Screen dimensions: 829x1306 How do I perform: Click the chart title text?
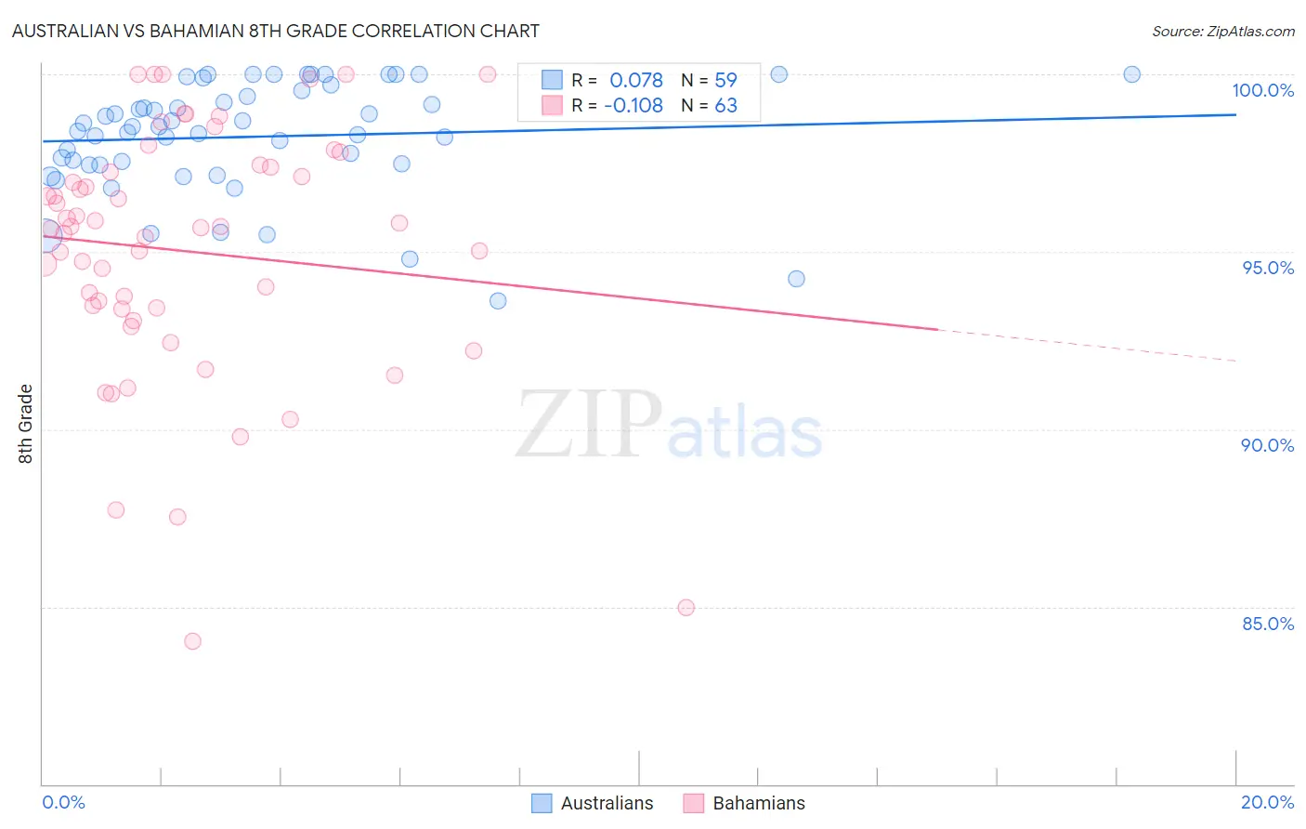tap(275, 31)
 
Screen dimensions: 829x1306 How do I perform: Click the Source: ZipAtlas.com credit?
tap(1222, 31)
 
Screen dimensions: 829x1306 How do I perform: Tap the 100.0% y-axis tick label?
tap(1262, 90)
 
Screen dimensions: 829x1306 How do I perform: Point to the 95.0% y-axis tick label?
tap(1267, 268)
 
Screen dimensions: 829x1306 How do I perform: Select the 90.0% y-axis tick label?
tap(1267, 445)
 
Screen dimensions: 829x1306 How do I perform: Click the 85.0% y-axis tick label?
tap(1267, 624)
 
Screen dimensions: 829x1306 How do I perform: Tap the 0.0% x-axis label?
tap(63, 802)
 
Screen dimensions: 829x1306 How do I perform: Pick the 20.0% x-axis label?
tap(1267, 802)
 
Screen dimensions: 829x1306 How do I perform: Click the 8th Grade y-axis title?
tap(26, 424)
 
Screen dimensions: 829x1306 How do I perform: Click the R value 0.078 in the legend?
tap(636, 81)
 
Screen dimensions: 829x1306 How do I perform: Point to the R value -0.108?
tap(633, 106)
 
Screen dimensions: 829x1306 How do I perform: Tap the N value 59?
tap(725, 81)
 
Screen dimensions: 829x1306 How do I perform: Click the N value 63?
tap(725, 106)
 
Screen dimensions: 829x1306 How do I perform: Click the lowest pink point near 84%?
tap(192, 641)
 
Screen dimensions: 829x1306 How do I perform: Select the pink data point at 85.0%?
tap(686, 608)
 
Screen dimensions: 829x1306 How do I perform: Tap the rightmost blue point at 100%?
tap(1131, 74)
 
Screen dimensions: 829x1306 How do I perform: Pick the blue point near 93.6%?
tap(498, 301)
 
